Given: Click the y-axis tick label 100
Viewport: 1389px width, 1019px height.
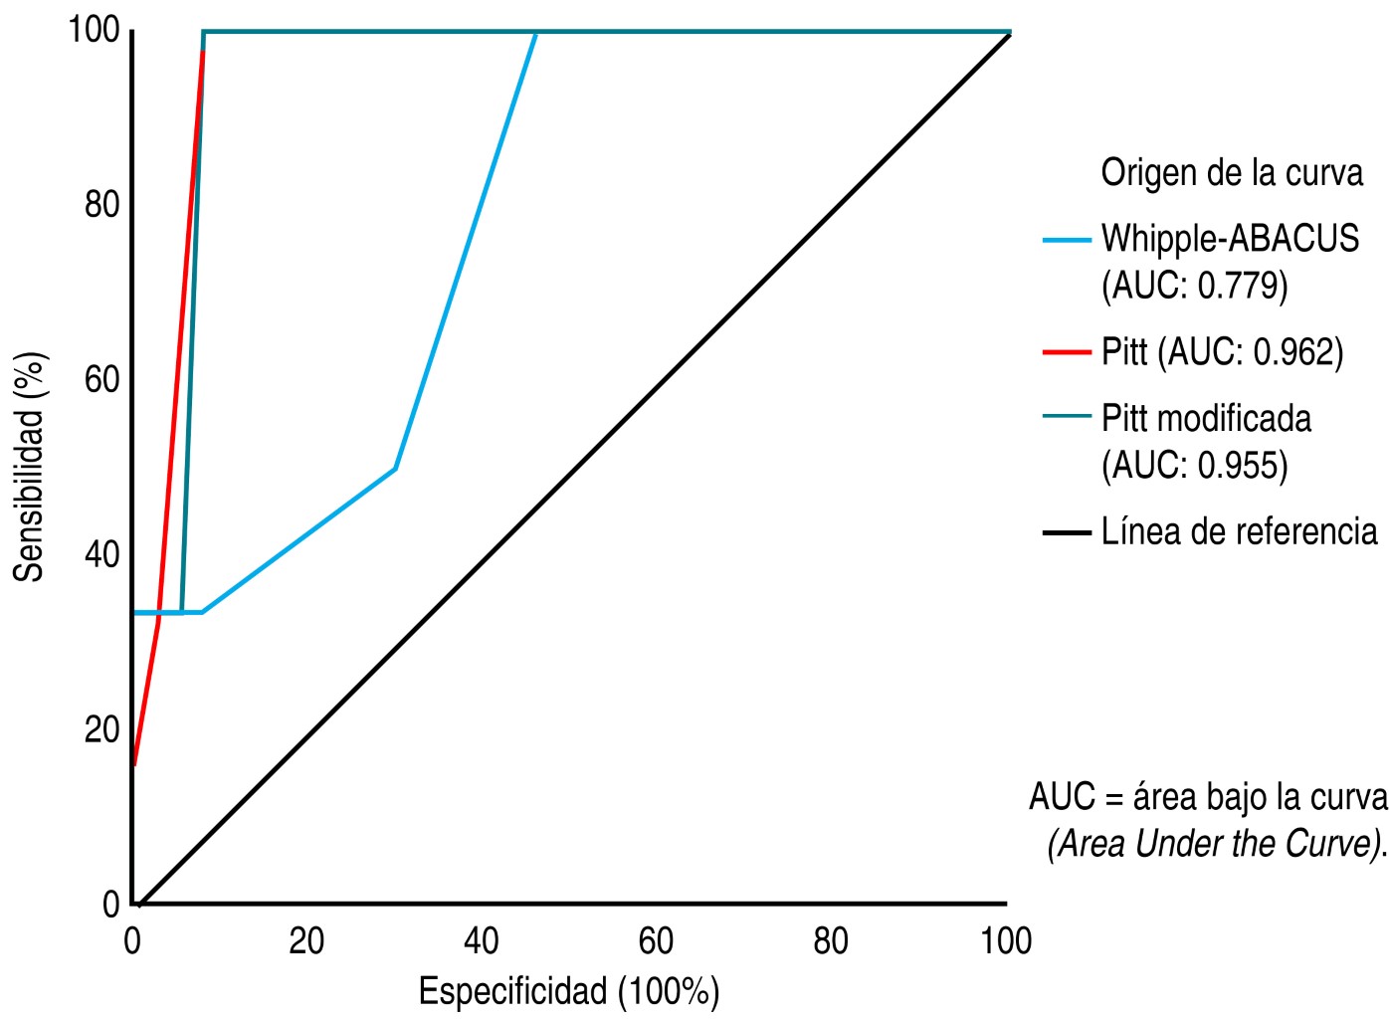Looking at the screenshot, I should click(x=94, y=30).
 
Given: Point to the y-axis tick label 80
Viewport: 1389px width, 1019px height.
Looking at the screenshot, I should click(x=101, y=205).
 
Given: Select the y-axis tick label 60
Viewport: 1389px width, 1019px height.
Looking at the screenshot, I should click(x=101, y=379).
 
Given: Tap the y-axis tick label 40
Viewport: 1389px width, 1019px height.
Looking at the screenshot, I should click(x=101, y=554).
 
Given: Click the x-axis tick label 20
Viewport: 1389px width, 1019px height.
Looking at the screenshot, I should click(x=306, y=941).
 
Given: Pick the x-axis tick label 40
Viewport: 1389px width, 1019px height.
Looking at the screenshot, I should click(x=482, y=941).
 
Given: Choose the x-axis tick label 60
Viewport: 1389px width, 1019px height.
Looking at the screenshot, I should click(x=656, y=941).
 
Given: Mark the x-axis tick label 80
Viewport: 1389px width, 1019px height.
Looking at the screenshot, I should click(x=831, y=941).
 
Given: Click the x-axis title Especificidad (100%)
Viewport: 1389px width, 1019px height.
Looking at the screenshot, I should click(x=568, y=992).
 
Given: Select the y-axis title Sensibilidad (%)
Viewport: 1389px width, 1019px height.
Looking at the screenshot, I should click(x=30, y=467).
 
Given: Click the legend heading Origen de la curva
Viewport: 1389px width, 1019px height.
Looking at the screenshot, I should click(x=1232, y=173).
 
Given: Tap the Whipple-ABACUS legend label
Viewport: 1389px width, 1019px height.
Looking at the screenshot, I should click(x=1230, y=239).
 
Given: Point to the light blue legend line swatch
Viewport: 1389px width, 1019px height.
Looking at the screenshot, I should click(x=1067, y=240).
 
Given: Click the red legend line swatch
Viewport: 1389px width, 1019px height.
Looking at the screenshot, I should click(x=1067, y=352).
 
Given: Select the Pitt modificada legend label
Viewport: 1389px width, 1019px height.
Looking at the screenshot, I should click(x=1206, y=418).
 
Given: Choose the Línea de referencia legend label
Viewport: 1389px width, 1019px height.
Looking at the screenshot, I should click(x=1239, y=531).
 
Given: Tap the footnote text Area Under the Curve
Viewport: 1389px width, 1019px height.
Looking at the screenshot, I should click(x=1216, y=844).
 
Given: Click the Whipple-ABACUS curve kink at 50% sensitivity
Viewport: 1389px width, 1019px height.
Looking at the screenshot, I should click(x=396, y=468).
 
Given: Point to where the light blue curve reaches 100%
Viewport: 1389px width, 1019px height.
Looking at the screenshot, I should click(x=536, y=33).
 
